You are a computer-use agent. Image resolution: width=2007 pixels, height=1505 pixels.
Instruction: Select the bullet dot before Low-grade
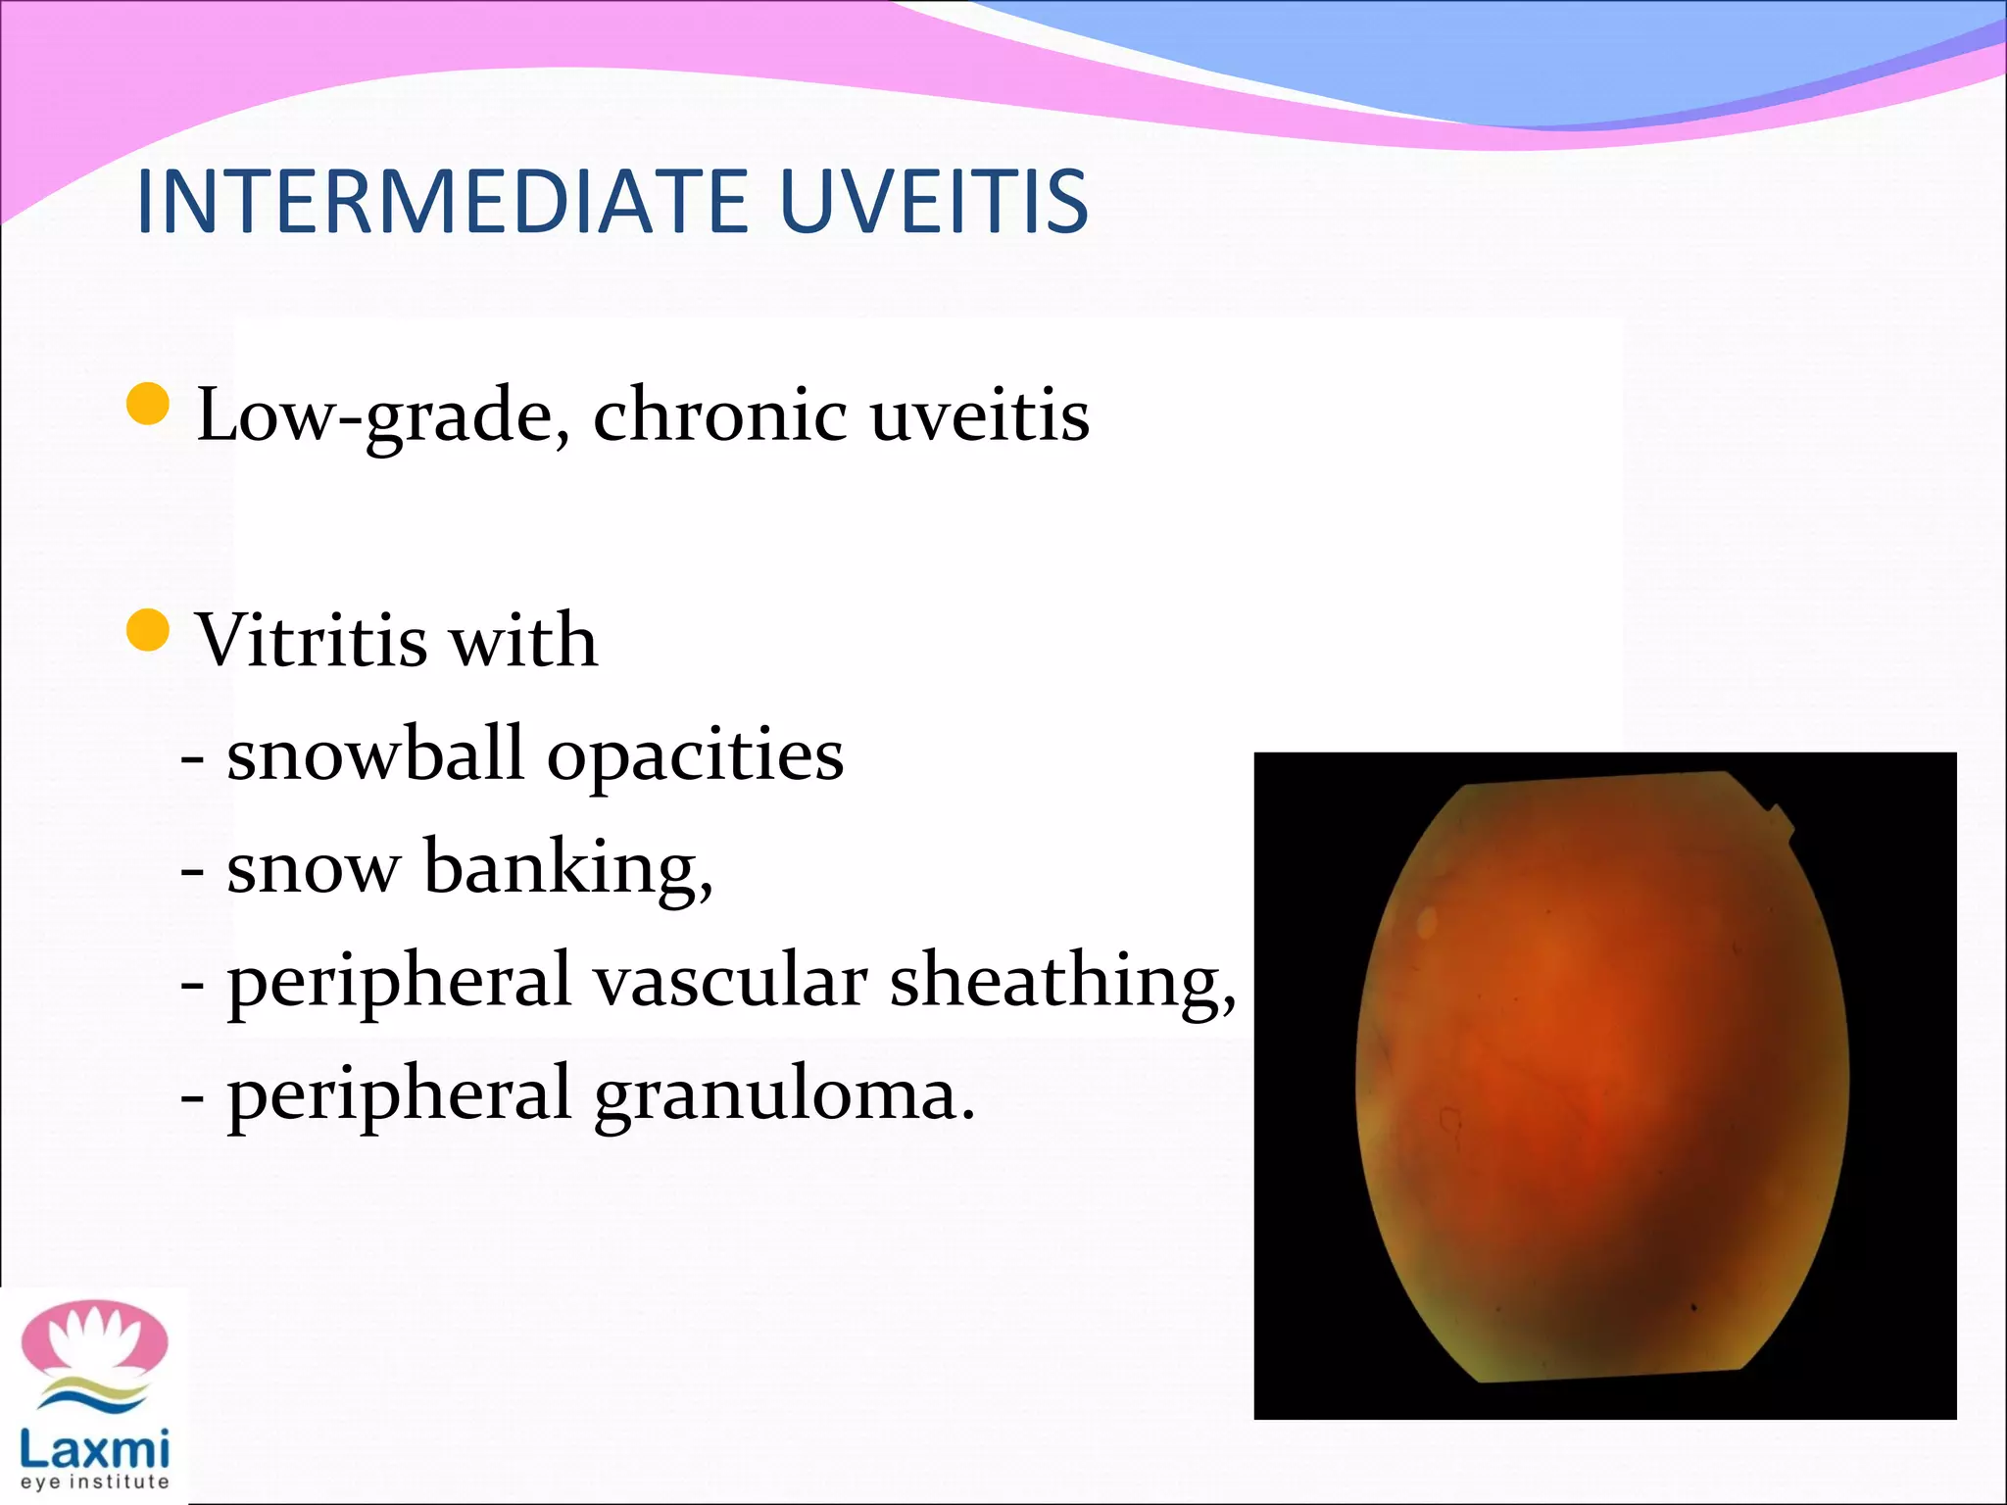(149, 404)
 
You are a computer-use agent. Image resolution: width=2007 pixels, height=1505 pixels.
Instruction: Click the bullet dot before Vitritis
(149, 629)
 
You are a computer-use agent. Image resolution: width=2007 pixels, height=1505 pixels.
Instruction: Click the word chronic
(720, 414)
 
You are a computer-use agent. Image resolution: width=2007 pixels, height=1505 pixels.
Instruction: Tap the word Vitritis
(312, 640)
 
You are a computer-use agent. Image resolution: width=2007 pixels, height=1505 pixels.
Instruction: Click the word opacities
(695, 756)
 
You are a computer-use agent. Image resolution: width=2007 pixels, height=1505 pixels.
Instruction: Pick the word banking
(568, 868)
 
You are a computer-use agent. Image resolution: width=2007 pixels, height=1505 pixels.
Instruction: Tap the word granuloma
(785, 1095)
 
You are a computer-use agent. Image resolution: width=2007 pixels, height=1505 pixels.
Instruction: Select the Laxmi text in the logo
(94, 1446)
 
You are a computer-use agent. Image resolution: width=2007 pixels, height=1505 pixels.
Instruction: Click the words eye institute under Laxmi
(94, 1482)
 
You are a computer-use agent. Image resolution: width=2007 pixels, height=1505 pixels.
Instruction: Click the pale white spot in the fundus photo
(1426, 921)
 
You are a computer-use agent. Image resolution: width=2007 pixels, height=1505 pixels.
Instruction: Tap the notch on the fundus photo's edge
(1780, 817)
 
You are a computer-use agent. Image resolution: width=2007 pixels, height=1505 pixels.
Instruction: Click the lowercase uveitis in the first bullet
(979, 414)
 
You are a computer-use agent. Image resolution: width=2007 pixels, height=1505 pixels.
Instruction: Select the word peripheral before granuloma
(399, 1095)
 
